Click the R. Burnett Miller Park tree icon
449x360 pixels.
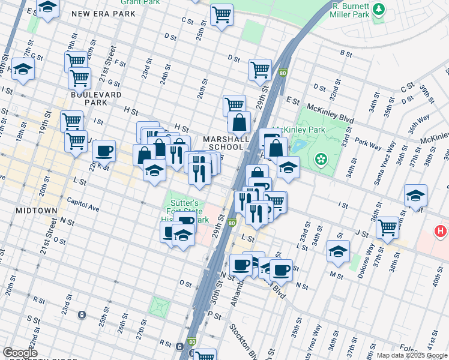point(379,10)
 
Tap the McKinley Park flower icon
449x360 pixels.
point(322,159)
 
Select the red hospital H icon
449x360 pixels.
point(441,230)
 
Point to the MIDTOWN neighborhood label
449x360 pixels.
point(41,211)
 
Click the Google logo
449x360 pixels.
point(20,352)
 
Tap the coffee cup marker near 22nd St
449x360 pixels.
point(104,151)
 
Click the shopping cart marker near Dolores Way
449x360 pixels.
point(388,227)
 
